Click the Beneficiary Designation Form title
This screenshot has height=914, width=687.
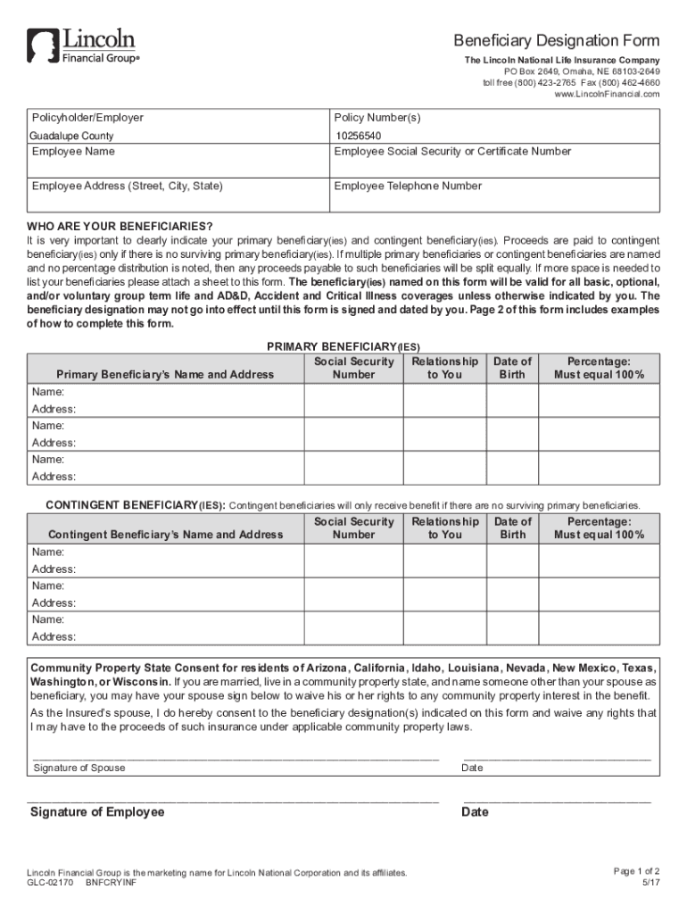click(x=556, y=41)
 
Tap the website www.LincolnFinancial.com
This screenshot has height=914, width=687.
click(x=607, y=94)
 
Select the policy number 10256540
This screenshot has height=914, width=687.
click(x=358, y=137)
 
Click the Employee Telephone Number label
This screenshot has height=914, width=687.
click(x=408, y=186)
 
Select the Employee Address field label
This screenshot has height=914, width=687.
click(x=128, y=186)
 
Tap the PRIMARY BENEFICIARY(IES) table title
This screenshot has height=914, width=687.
click(x=343, y=346)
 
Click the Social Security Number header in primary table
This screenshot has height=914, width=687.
click(x=353, y=368)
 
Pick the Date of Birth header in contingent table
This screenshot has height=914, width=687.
click(x=512, y=528)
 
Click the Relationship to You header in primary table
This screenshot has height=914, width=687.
click(x=444, y=368)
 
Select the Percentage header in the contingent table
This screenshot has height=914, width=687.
click(x=599, y=528)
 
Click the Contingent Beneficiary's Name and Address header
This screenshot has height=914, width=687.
click(x=165, y=535)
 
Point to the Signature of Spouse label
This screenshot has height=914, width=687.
click(x=79, y=768)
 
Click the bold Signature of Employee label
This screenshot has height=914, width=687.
click(x=97, y=812)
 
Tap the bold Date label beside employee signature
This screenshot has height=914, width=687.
click(x=475, y=812)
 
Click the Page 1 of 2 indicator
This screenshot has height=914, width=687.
click(x=636, y=871)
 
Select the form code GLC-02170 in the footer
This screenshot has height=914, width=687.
click(x=50, y=883)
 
